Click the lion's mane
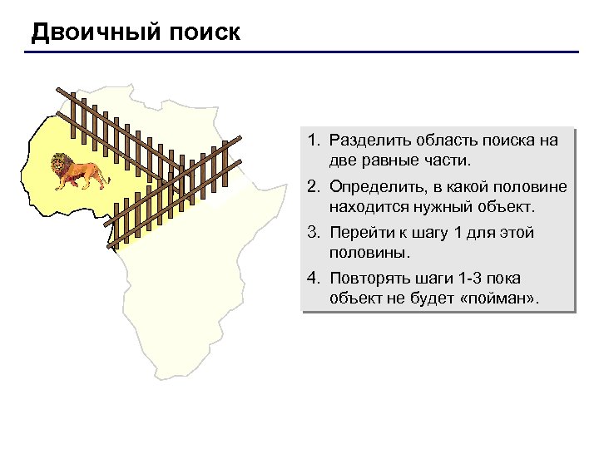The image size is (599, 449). click(x=60, y=164)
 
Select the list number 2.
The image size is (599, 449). click(x=314, y=187)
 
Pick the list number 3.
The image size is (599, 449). click(x=314, y=234)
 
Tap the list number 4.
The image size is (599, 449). click(x=314, y=279)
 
